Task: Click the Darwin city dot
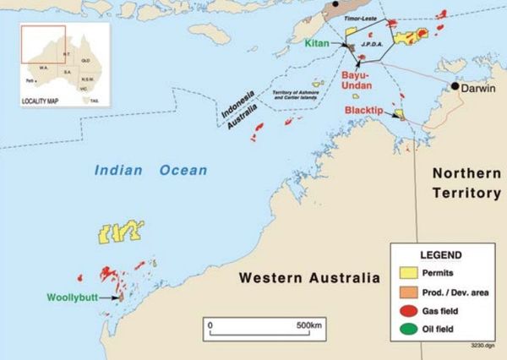[454, 86]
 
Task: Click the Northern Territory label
[466, 183]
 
